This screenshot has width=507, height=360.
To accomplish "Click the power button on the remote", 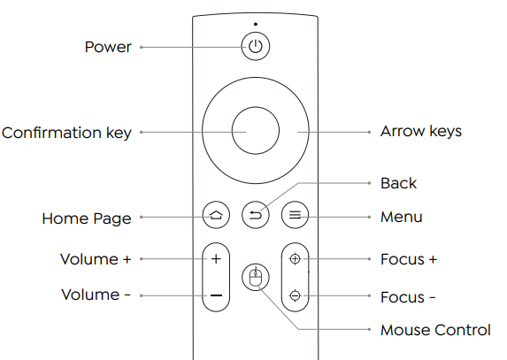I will (255, 47).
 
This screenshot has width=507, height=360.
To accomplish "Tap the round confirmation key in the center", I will (255, 132).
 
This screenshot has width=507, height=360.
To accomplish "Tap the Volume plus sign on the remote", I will (215, 259).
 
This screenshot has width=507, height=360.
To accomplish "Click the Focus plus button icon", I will (295, 259).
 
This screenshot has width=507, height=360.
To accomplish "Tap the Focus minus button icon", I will (295, 295).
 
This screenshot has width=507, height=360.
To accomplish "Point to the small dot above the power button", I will (255, 24).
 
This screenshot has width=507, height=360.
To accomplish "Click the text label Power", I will (108, 47).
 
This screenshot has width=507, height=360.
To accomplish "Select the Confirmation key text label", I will (67, 133).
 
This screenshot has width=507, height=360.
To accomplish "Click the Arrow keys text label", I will (420, 132).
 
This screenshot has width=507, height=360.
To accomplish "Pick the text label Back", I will (398, 183).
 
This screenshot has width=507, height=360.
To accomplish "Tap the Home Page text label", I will (87, 218).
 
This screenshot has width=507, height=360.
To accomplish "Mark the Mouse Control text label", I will (434, 330).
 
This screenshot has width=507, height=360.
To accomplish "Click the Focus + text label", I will (408, 259).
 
